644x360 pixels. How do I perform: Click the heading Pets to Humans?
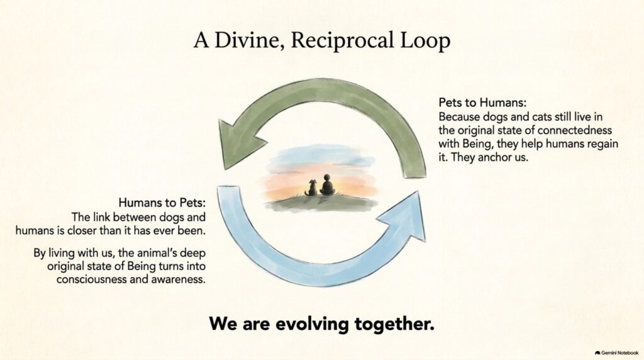482,102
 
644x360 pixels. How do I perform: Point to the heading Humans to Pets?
162,203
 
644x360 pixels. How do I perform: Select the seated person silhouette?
327,185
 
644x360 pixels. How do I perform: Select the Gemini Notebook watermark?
617,352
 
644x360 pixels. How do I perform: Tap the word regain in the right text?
603,144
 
